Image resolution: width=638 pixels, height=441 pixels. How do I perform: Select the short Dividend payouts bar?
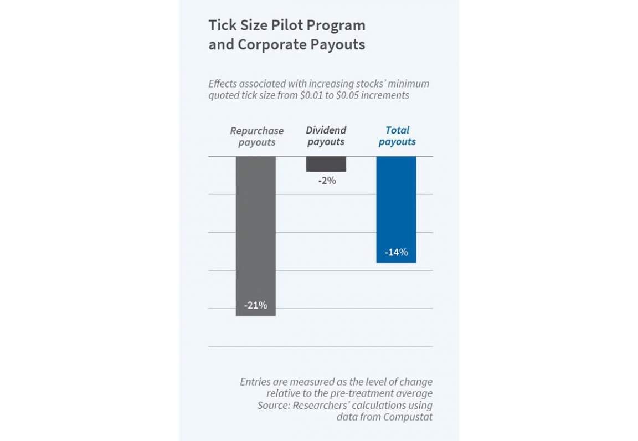click(x=326, y=164)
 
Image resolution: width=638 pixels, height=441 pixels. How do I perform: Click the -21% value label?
click(x=255, y=305)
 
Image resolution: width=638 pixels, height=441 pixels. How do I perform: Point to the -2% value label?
click(x=327, y=180)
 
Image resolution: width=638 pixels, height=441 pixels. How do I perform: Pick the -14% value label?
click(x=396, y=253)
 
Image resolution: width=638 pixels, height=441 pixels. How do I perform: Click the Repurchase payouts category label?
click(x=256, y=136)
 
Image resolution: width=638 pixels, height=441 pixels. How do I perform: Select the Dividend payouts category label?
click(x=326, y=136)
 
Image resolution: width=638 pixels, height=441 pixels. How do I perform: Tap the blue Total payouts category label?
click(x=397, y=136)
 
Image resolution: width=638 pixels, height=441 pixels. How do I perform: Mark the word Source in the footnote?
click(x=272, y=405)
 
